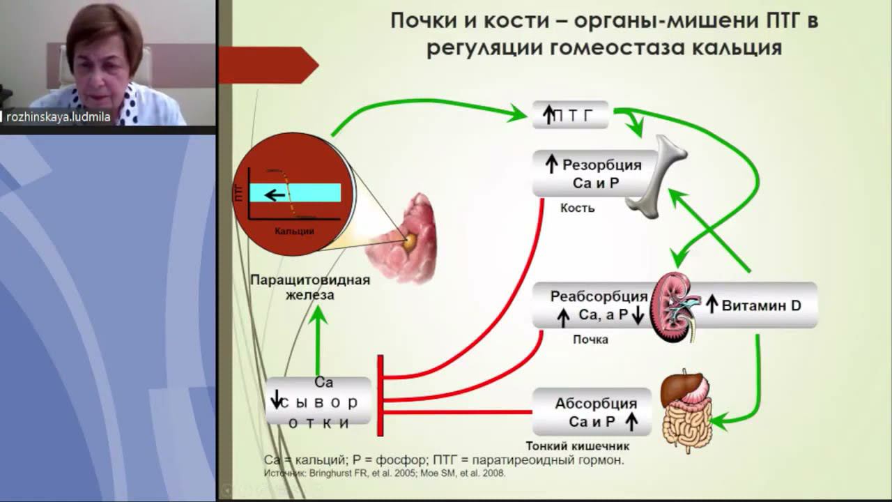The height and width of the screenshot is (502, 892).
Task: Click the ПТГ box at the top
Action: tap(571, 115)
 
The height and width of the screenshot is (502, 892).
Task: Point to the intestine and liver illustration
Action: tap(686, 408)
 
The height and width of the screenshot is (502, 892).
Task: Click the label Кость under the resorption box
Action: tap(577, 208)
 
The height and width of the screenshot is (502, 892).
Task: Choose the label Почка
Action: tap(590, 340)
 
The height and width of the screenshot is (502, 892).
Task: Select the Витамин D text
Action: tap(761, 305)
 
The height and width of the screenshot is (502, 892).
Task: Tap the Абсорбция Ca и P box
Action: tap(592, 412)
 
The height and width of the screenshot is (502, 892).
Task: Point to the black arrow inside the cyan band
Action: tap(275, 194)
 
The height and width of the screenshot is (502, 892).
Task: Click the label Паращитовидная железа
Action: tap(310, 287)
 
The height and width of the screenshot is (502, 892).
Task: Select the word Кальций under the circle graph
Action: tap(294, 231)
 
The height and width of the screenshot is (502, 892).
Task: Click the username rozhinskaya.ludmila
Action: tap(59, 117)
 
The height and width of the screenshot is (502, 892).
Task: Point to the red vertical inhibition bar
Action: tap(380, 395)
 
